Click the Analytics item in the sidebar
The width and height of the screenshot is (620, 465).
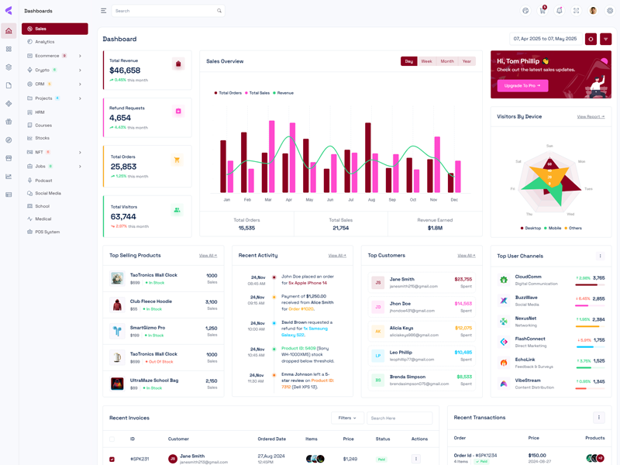pos(44,42)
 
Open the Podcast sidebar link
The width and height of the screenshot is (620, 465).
pos(43,181)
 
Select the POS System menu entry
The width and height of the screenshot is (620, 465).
pos(46,232)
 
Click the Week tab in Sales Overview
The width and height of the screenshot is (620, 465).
pos(426,61)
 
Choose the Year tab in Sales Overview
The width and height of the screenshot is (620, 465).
pos(467,61)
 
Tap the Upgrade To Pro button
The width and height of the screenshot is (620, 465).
pos(522,85)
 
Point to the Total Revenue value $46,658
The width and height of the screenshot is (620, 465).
pos(125,71)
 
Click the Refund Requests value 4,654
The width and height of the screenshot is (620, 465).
pos(120,118)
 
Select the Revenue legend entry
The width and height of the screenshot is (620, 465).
pos(284,93)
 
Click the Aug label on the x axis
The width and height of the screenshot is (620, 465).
pos(371,200)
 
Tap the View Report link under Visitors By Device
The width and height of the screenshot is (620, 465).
pos(591,117)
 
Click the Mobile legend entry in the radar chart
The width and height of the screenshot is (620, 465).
pos(554,228)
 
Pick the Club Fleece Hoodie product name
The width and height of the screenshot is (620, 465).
pos(150,301)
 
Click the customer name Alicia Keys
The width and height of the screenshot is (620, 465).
pos(401,328)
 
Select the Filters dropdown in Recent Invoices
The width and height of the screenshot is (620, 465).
pos(347,418)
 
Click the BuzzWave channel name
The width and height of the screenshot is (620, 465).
pos(526,297)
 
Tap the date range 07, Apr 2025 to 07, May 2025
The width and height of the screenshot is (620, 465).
pos(545,39)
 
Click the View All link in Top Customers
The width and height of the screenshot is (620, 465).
pos(466,256)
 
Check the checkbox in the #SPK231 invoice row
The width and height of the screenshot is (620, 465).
pos(112,459)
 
